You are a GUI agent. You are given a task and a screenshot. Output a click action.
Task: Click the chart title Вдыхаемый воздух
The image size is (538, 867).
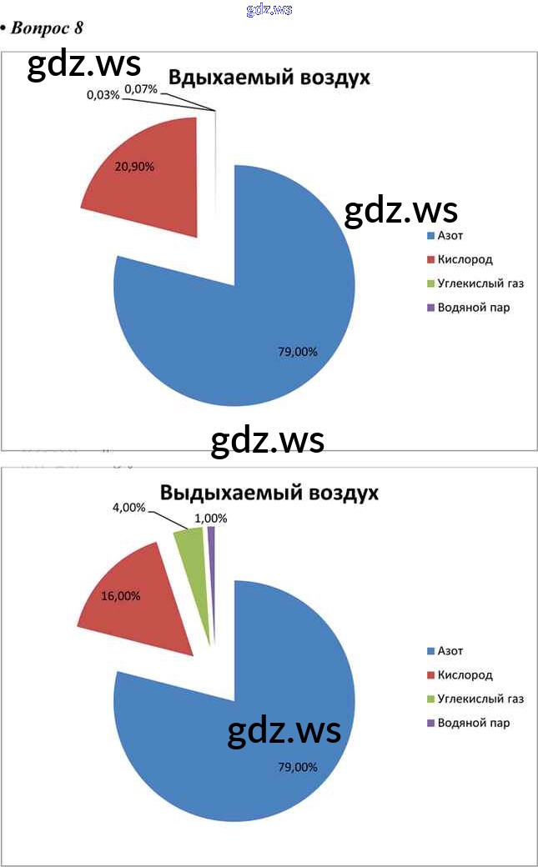pyautogui.click(x=269, y=78)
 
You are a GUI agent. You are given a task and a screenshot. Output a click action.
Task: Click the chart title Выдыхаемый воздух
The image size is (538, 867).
pyautogui.click(x=269, y=493)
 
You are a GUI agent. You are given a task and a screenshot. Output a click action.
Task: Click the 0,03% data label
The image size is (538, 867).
pyautogui.click(x=103, y=95)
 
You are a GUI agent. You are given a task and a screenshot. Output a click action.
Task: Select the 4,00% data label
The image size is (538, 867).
pyautogui.click(x=128, y=507)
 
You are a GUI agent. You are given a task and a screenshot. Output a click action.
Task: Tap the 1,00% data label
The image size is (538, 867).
pyautogui.click(x=210, y=518)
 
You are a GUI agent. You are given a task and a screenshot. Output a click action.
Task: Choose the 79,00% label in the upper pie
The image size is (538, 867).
pyautogui.click(x=297, y=352)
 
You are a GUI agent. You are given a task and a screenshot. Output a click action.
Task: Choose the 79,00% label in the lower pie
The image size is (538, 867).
pyautogui.click(x=297, y=767)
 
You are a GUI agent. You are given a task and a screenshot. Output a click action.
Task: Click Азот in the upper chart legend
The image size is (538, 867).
pyautogui.click(x=450, y=236)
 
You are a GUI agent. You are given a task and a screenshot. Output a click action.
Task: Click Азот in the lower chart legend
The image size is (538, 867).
pyautogui.click(x=450, y=651)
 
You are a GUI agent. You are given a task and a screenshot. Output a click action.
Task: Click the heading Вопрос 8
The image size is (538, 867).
pyautogui.click(x=47, y=28)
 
